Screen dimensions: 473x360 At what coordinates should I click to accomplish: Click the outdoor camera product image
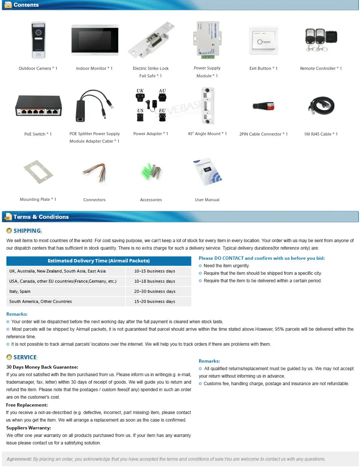tap(38, 40)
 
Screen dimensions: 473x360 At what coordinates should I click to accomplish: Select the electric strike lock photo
tap(151, 39)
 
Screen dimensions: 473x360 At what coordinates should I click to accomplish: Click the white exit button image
tap(264, 41)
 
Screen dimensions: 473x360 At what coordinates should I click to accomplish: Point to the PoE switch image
tap(38, 106)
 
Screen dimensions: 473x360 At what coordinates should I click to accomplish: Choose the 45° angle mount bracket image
tap(207, 105)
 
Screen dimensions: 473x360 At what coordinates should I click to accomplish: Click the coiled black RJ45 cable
tap(321, 105)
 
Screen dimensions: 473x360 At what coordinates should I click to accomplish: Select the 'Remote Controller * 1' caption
tap(321, 68)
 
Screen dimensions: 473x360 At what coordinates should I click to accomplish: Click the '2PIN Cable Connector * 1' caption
tap(263, 134)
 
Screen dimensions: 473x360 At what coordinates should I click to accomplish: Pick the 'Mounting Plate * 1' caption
tap(38, 199)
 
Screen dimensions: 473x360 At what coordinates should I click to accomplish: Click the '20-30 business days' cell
tap(155, 291)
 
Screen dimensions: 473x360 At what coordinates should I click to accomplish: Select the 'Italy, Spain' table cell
tap(20, 291)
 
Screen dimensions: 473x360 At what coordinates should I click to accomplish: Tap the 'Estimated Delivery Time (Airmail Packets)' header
tap(98, 261)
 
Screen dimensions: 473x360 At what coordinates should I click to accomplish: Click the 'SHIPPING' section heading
tap(27, 231)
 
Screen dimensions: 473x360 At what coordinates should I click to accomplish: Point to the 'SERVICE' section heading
tap(25, 357)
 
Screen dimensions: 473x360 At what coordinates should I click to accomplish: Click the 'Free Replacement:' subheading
tap(27, 405)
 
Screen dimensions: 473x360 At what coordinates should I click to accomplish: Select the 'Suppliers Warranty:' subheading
tap(29, 428)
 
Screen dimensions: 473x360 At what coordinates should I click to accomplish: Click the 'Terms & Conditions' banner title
tap(41, 217)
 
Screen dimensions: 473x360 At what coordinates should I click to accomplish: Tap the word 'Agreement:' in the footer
tap(19, 459)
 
